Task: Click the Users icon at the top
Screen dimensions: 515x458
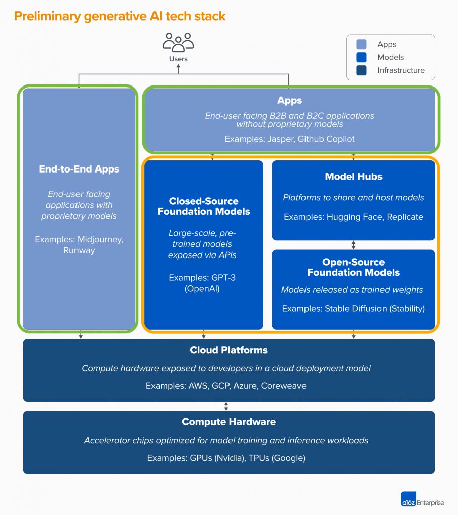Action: pyautogui.click(x=178, y=43)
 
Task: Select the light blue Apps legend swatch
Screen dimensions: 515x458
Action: pyautogui.click(x=361, y=44)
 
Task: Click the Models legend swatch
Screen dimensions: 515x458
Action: pyautogui.click(x=361, y=57)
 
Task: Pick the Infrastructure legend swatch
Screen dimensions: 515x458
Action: pyautogui.click(x=361, y=70)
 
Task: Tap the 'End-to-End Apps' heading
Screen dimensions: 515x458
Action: pyautogui.click(x=79, y=169)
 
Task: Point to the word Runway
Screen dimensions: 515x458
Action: pyautogui.click(x=79, y=250)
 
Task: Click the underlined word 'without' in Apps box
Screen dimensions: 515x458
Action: pyautogui.click(x=251, y=124)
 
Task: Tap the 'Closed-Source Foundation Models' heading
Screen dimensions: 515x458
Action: pyautogui.click(x=203, y=206)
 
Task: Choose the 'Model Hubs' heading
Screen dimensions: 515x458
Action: pyautogui.click(x=353, y=177)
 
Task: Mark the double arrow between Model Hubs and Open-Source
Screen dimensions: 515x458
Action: pyautogui.click(x=353, y=245)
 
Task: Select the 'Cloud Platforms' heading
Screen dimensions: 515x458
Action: pyautogui.click(x=228, y=350)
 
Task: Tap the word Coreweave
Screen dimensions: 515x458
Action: pyautogui.click(x=283, y=386)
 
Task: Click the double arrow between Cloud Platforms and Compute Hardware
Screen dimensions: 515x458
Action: pyautogui.click(x=226, y=406)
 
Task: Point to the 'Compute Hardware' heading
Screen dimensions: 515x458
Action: pyautogui.click(x=228, y=422)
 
